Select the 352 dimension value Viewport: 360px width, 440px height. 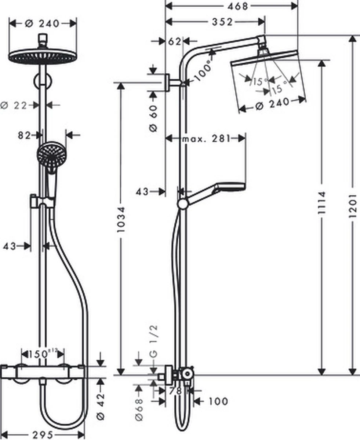pyautogui.click(x=222, y=22)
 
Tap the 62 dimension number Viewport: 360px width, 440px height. pyautogui.click(x=175, y=41)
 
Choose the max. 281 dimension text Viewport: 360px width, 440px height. pyautogui.click(x=206, y=139)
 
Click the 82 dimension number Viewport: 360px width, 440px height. pyautogui.click(x=24, y=135)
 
